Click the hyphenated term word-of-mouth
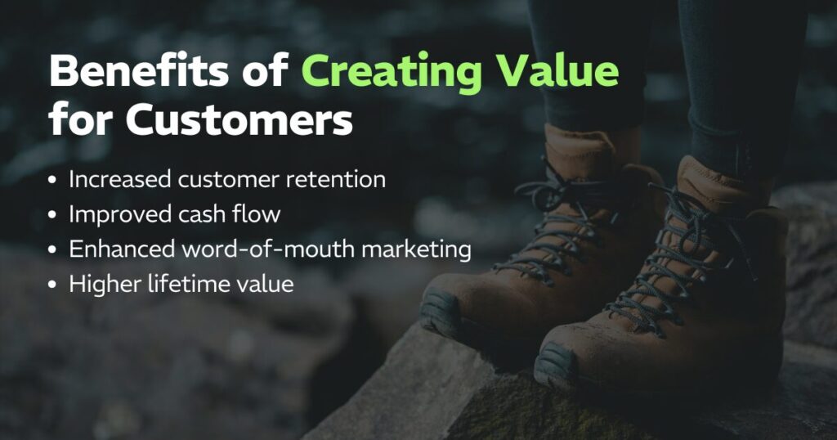(262, 249)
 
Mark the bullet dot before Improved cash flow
(54, 215)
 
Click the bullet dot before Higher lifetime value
(54, 285)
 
